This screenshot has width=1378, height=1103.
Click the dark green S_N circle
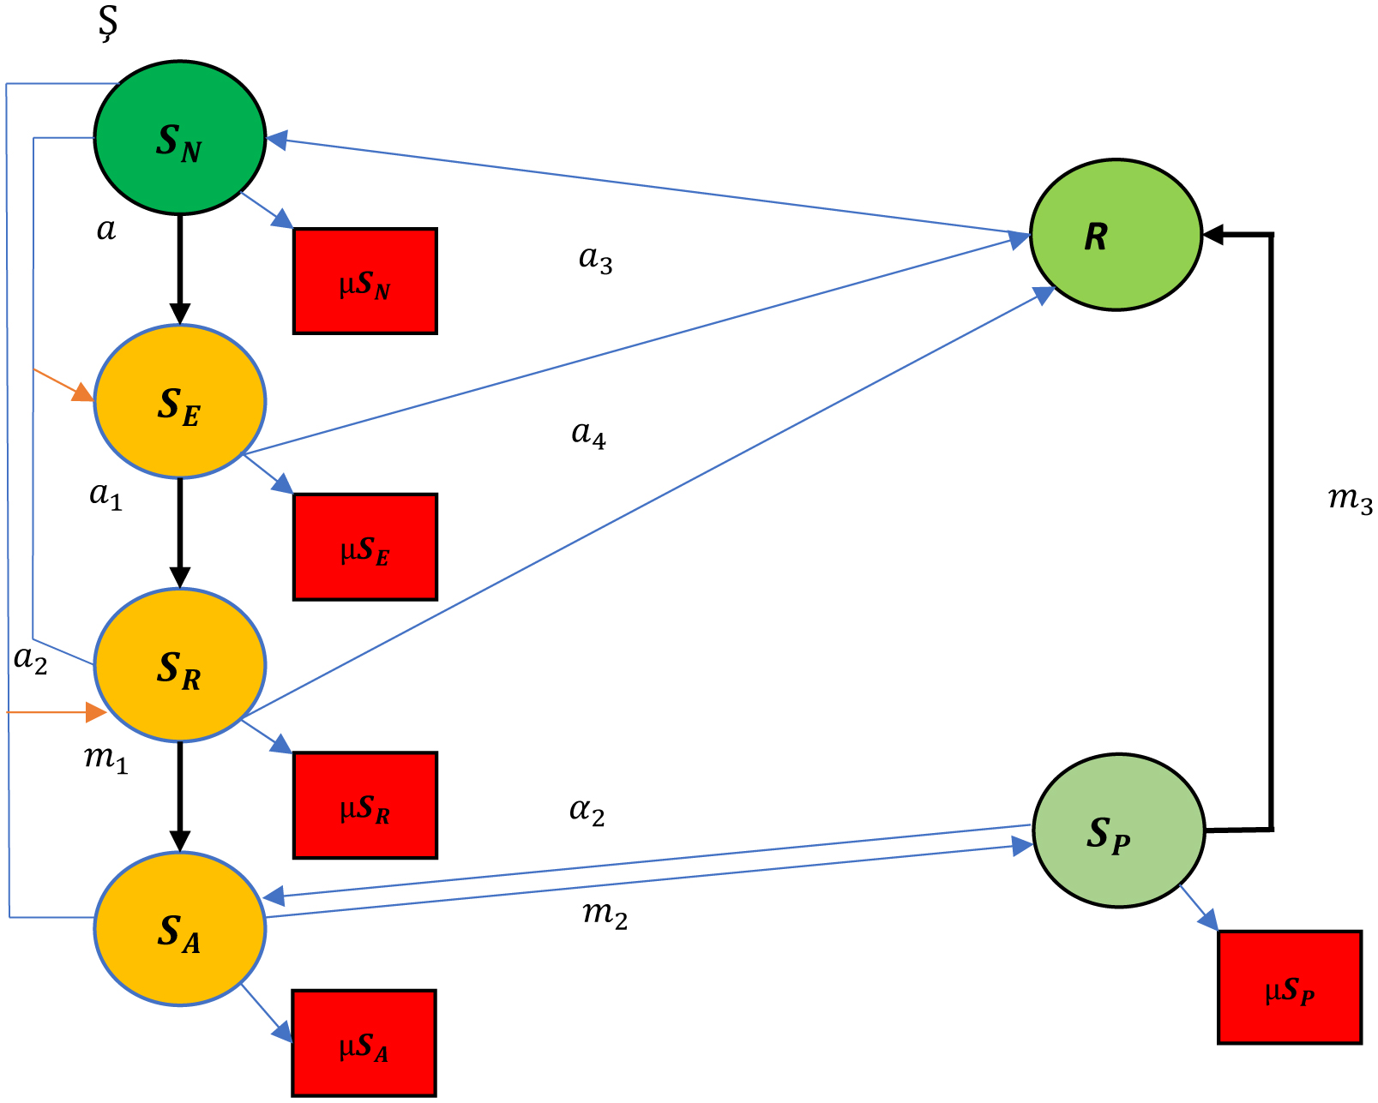click(179, 137)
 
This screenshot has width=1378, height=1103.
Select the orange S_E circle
click(179, 401)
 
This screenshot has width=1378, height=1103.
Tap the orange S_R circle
click(179, 665)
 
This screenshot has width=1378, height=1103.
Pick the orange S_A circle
click(179, 929)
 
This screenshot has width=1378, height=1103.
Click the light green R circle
click(1116, 235)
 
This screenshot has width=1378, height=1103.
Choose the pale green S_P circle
click(1118, 830)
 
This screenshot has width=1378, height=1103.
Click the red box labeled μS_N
click(365, 281)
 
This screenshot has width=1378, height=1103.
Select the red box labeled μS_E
click(365, 547)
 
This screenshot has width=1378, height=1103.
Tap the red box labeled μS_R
click(365, 806)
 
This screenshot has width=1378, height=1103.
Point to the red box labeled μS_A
click(364, 1043)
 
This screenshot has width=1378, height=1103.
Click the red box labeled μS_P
click(1290, 987)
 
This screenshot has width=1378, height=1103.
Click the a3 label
click(596, 259)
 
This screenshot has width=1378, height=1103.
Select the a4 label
click(589, 435)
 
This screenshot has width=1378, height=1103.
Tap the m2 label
click(605, 915)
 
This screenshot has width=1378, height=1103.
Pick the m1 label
click(106, 759)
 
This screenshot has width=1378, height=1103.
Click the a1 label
click(106, 495)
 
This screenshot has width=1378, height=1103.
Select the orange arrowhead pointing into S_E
click(83, 393)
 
